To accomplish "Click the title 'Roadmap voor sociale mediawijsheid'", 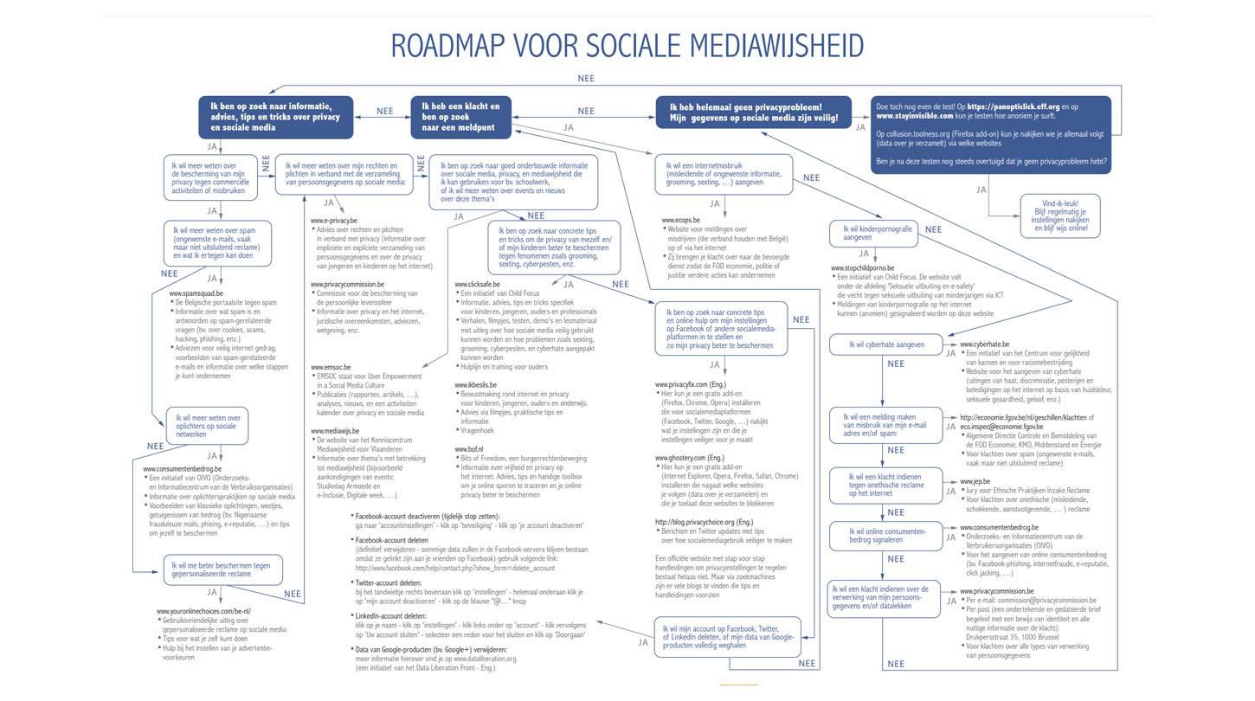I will click(x=627, y=45).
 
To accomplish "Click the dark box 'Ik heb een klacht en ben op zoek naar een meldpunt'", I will click(x=461, y=117).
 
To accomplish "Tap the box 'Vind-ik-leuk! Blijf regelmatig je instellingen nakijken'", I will click(x=1059, y=215).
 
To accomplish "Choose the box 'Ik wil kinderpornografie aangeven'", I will click(x=871, y=233).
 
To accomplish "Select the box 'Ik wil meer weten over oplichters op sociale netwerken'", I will click(x=206, y=426).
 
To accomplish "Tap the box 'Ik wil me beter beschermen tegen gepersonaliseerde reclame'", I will click(x=222, y=569).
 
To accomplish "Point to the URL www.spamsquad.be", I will click(x=196, y=294).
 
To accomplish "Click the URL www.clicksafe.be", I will click(x=477, y=285).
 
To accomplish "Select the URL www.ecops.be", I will click(x=681, y=221).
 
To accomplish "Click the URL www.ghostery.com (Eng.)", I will click(x=689, y=457).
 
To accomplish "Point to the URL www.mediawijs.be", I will click(x=336, y=431).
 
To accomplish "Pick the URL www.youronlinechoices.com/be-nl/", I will click(x=203, y=612).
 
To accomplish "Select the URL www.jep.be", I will click(x=975, y=481).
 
